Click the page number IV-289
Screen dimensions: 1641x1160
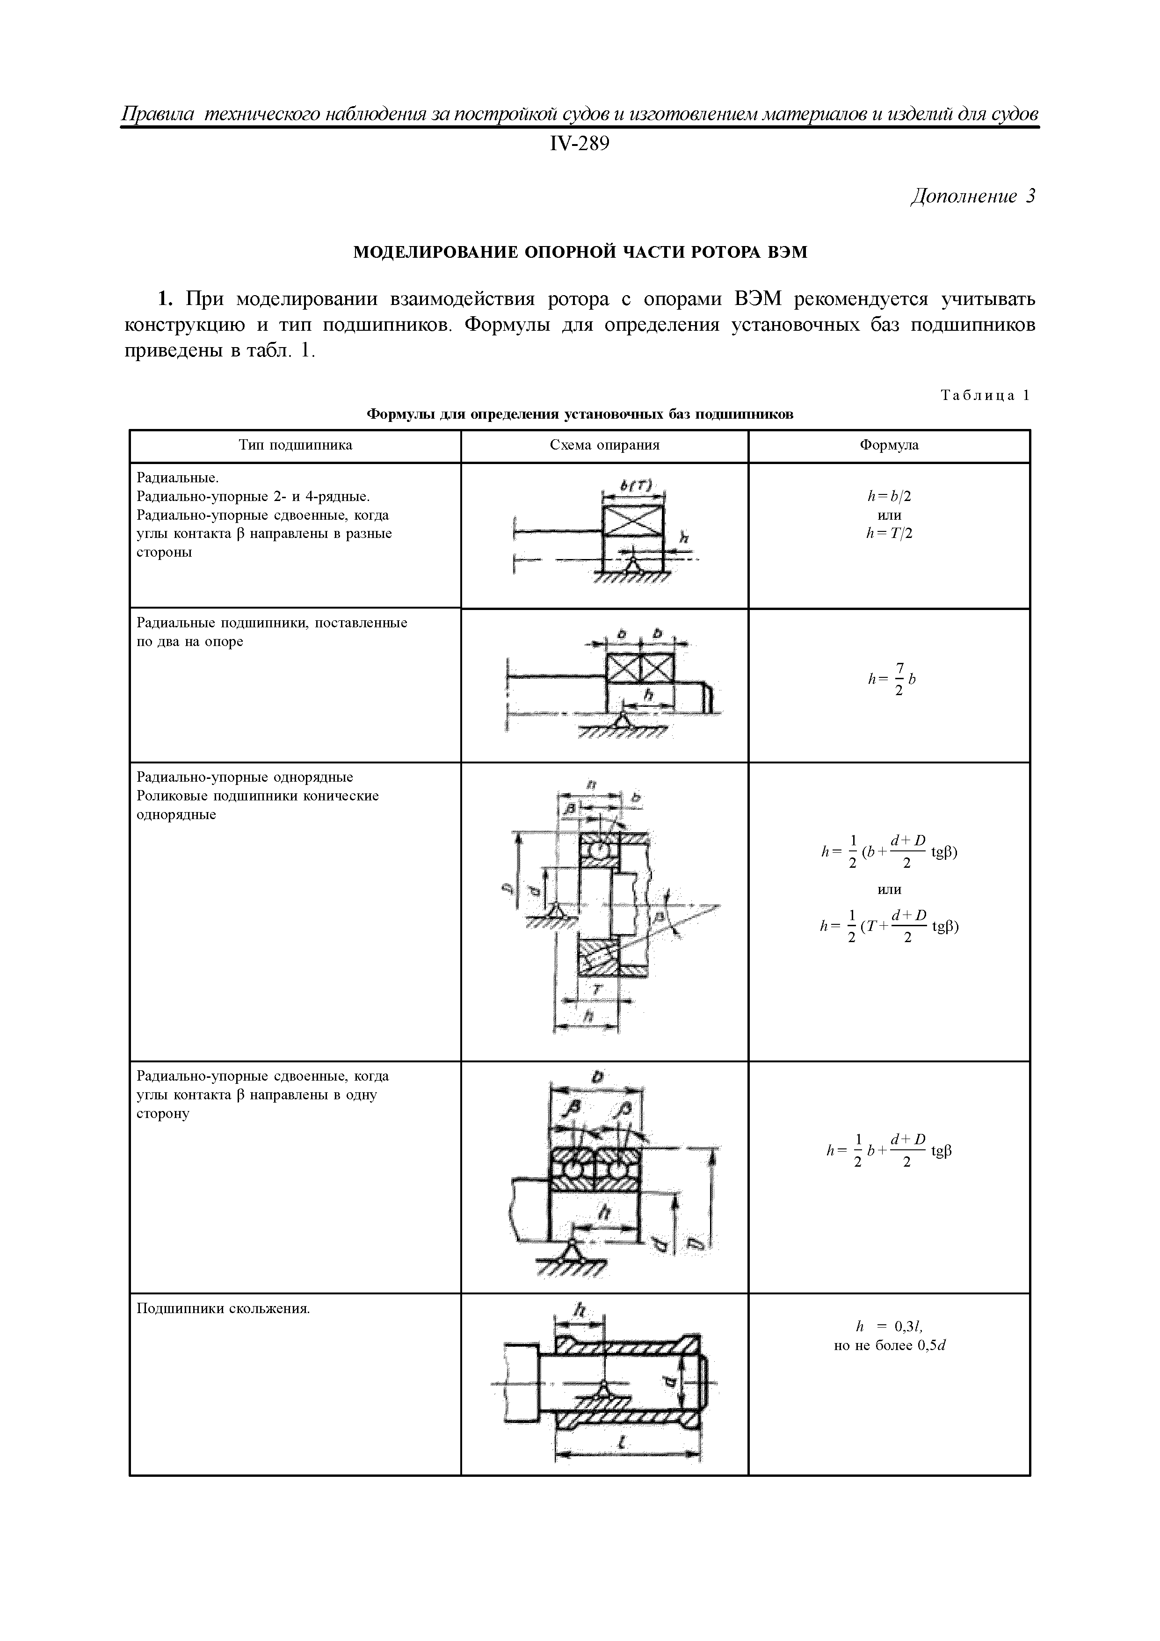(x=580, y=145)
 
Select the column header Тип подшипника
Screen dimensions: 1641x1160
(x=295, y=445)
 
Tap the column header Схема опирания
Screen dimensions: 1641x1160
(x=605, y=445)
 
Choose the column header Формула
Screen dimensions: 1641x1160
(x=889, y=445)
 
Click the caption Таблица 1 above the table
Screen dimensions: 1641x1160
(x=986, y=395)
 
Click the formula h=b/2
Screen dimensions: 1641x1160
(x=889, y=496)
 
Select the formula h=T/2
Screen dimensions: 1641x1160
(x=889, y=533)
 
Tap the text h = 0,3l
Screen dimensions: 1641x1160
(x=889, y=1327)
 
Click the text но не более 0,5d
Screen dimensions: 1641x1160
(x=889, y=1346)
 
